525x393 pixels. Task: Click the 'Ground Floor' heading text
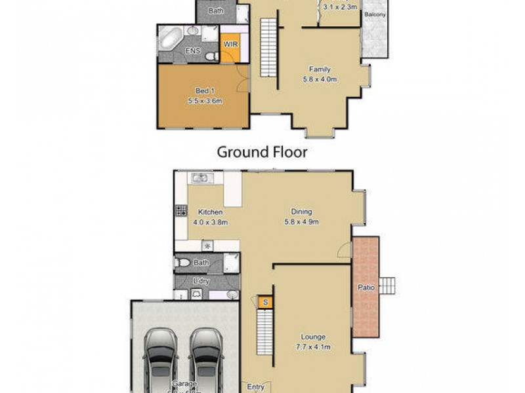[262, 153]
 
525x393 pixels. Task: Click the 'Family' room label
[320, 69]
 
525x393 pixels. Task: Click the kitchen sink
[200, 178]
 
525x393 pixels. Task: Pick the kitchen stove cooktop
[181, 212]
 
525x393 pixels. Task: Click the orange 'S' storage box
[264, 302]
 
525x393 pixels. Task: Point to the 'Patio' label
[366, 286]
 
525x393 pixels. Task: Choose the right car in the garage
[205, 357]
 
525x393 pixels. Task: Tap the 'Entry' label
[255, 386]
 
